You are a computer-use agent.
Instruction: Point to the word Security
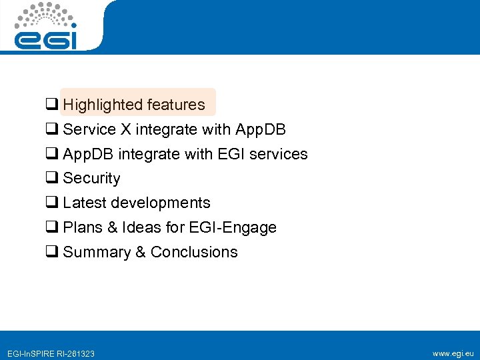[91, 179]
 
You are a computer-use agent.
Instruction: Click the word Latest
[85, 203]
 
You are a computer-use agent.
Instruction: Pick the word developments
[161, 203]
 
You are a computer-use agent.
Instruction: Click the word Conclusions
[194, 252]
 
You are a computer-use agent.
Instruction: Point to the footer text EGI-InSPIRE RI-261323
[50, 353]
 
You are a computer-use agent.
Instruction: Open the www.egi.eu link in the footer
[453, 353]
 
